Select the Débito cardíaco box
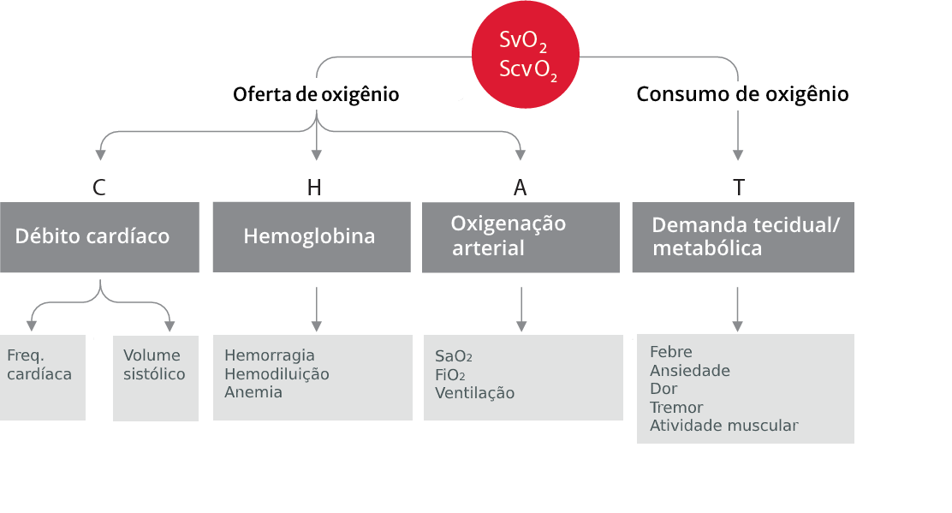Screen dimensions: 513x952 (99, 237)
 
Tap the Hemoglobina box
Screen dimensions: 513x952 (312, 237)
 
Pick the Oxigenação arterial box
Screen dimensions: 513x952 (521, 237)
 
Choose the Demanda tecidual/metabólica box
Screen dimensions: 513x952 (742, 237)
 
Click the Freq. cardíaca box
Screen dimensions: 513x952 (42, 377)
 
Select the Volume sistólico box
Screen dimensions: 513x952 (155, 377)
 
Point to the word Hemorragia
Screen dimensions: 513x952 (269, 355)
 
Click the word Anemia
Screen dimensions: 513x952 (253, 393)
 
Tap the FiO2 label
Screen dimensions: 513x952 (449, 375)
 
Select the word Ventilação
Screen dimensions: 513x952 (474, 394)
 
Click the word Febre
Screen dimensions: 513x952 (670, 352)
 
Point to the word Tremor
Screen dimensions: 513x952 (675, 408)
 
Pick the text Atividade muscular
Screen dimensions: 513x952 (723, 426)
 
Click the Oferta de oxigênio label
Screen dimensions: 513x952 (316, 94)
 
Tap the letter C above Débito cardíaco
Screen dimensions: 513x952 (99, 188)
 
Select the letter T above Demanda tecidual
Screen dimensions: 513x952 (738, 188)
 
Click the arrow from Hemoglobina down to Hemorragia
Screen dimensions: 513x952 (317, 308)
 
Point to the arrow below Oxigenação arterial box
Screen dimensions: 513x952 (521, 308)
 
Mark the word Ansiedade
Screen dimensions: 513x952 (689, 371)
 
